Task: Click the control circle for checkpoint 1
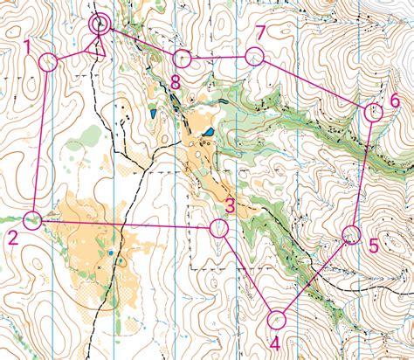[x=48, y=61]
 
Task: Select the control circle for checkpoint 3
[x=218, y=228]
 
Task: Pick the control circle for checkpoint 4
[x=277, y=320]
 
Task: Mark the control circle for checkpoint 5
[x=351, y=233]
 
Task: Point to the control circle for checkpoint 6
[x=372, y=111]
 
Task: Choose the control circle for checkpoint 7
[x=254, y=57]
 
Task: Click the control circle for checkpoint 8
[x=182, y=59]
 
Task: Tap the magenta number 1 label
[x=28, y=45]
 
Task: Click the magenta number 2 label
[x=12, y=238]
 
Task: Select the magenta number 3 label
[x=230, y=207]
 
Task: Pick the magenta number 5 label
[x=373, y=246]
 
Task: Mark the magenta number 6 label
[x=394, y=100]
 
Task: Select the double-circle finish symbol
[x=100, y=24]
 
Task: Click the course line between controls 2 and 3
[x=126, y=224]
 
